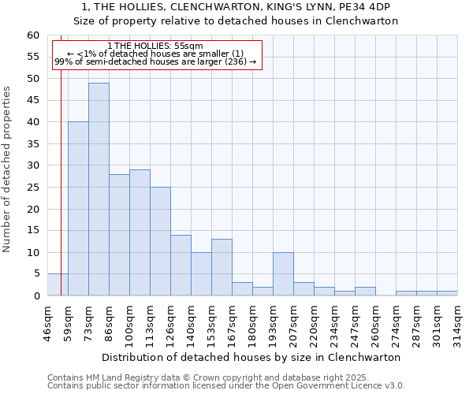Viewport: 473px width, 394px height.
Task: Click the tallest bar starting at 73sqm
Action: point(99,189)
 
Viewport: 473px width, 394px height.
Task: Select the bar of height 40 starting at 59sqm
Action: point(78,209)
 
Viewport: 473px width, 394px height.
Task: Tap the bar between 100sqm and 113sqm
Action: point(140,232)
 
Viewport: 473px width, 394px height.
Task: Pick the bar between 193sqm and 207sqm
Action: point(283,274)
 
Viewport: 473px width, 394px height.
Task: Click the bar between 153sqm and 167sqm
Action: point(222,268)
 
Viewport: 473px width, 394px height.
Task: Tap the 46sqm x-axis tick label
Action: point(48,322)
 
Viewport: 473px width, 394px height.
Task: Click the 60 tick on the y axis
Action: point(33,35)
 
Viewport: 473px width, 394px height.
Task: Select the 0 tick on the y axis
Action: point(36,296)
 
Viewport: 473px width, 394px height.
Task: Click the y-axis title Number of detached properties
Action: point(8,169)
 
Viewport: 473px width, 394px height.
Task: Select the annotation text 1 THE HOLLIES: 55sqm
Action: point(155,46)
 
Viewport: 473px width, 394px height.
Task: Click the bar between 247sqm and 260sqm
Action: point(365,292)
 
